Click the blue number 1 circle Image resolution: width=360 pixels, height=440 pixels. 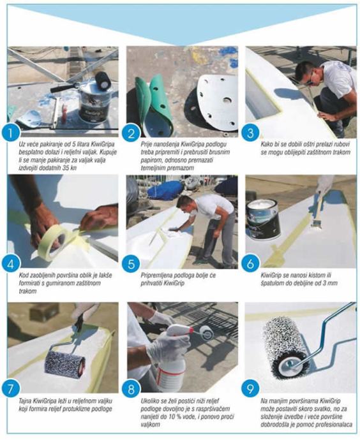tap(11, 133)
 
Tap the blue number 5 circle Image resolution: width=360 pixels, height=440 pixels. tap(131, 263)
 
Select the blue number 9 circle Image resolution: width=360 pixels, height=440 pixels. tap(250, 388)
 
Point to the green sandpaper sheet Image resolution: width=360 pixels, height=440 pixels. tap(154, 105)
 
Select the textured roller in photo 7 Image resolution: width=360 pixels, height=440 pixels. tap(65, 363)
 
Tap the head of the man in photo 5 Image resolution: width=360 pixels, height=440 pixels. tap(186, 203)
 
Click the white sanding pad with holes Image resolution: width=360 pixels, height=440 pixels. tap(216, 104)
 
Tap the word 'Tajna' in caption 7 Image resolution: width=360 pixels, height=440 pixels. tap(26, 400)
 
